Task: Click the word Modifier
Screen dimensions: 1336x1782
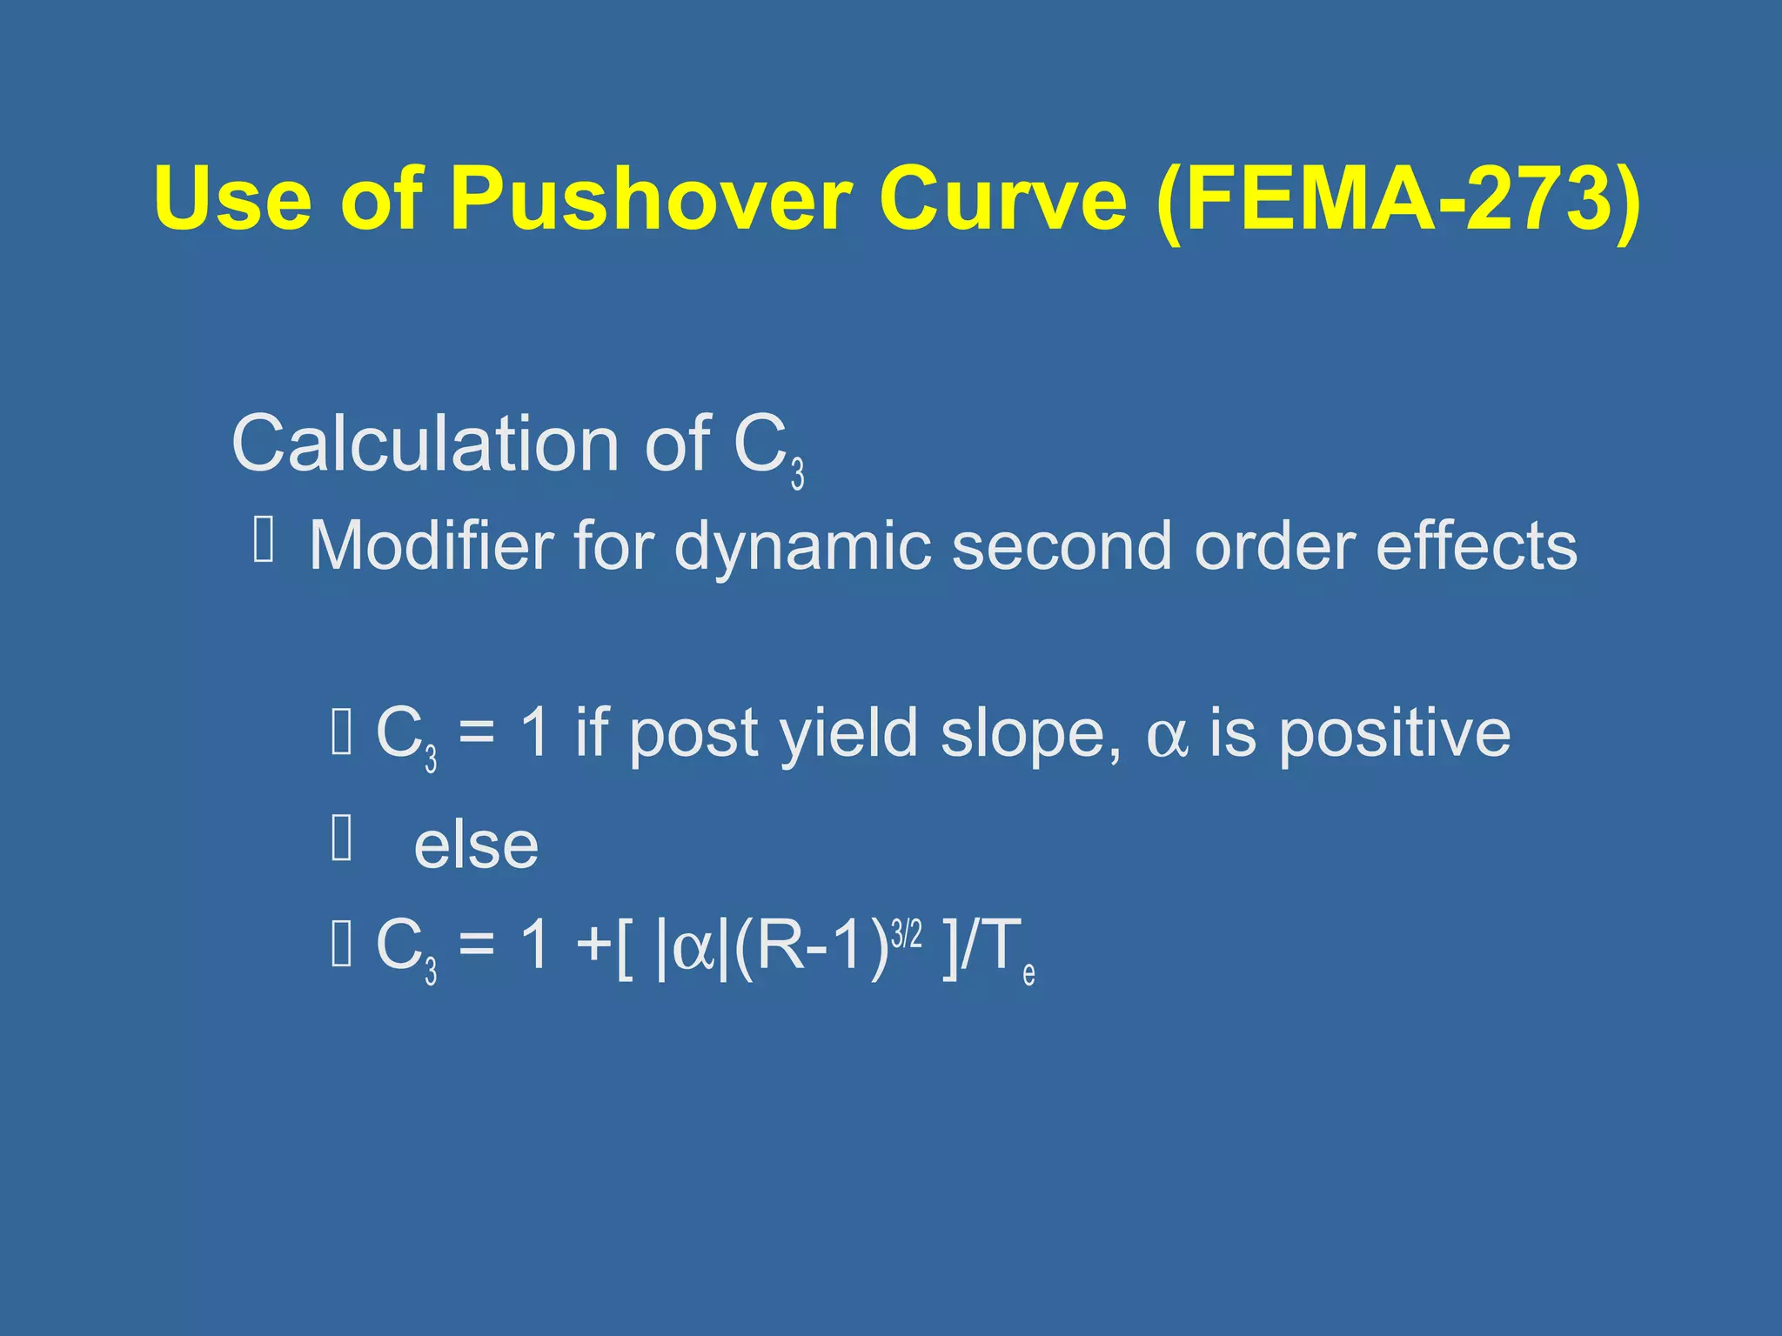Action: (430, 545)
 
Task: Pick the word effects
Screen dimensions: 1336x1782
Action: (1476, 545)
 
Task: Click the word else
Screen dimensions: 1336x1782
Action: (476, 845)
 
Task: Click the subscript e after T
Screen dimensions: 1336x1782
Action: (1028, 973)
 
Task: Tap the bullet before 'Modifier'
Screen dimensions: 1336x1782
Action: (264, 538)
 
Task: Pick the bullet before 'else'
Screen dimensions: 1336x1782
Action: (342, 838)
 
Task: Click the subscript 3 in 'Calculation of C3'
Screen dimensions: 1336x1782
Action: (797, 474)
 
